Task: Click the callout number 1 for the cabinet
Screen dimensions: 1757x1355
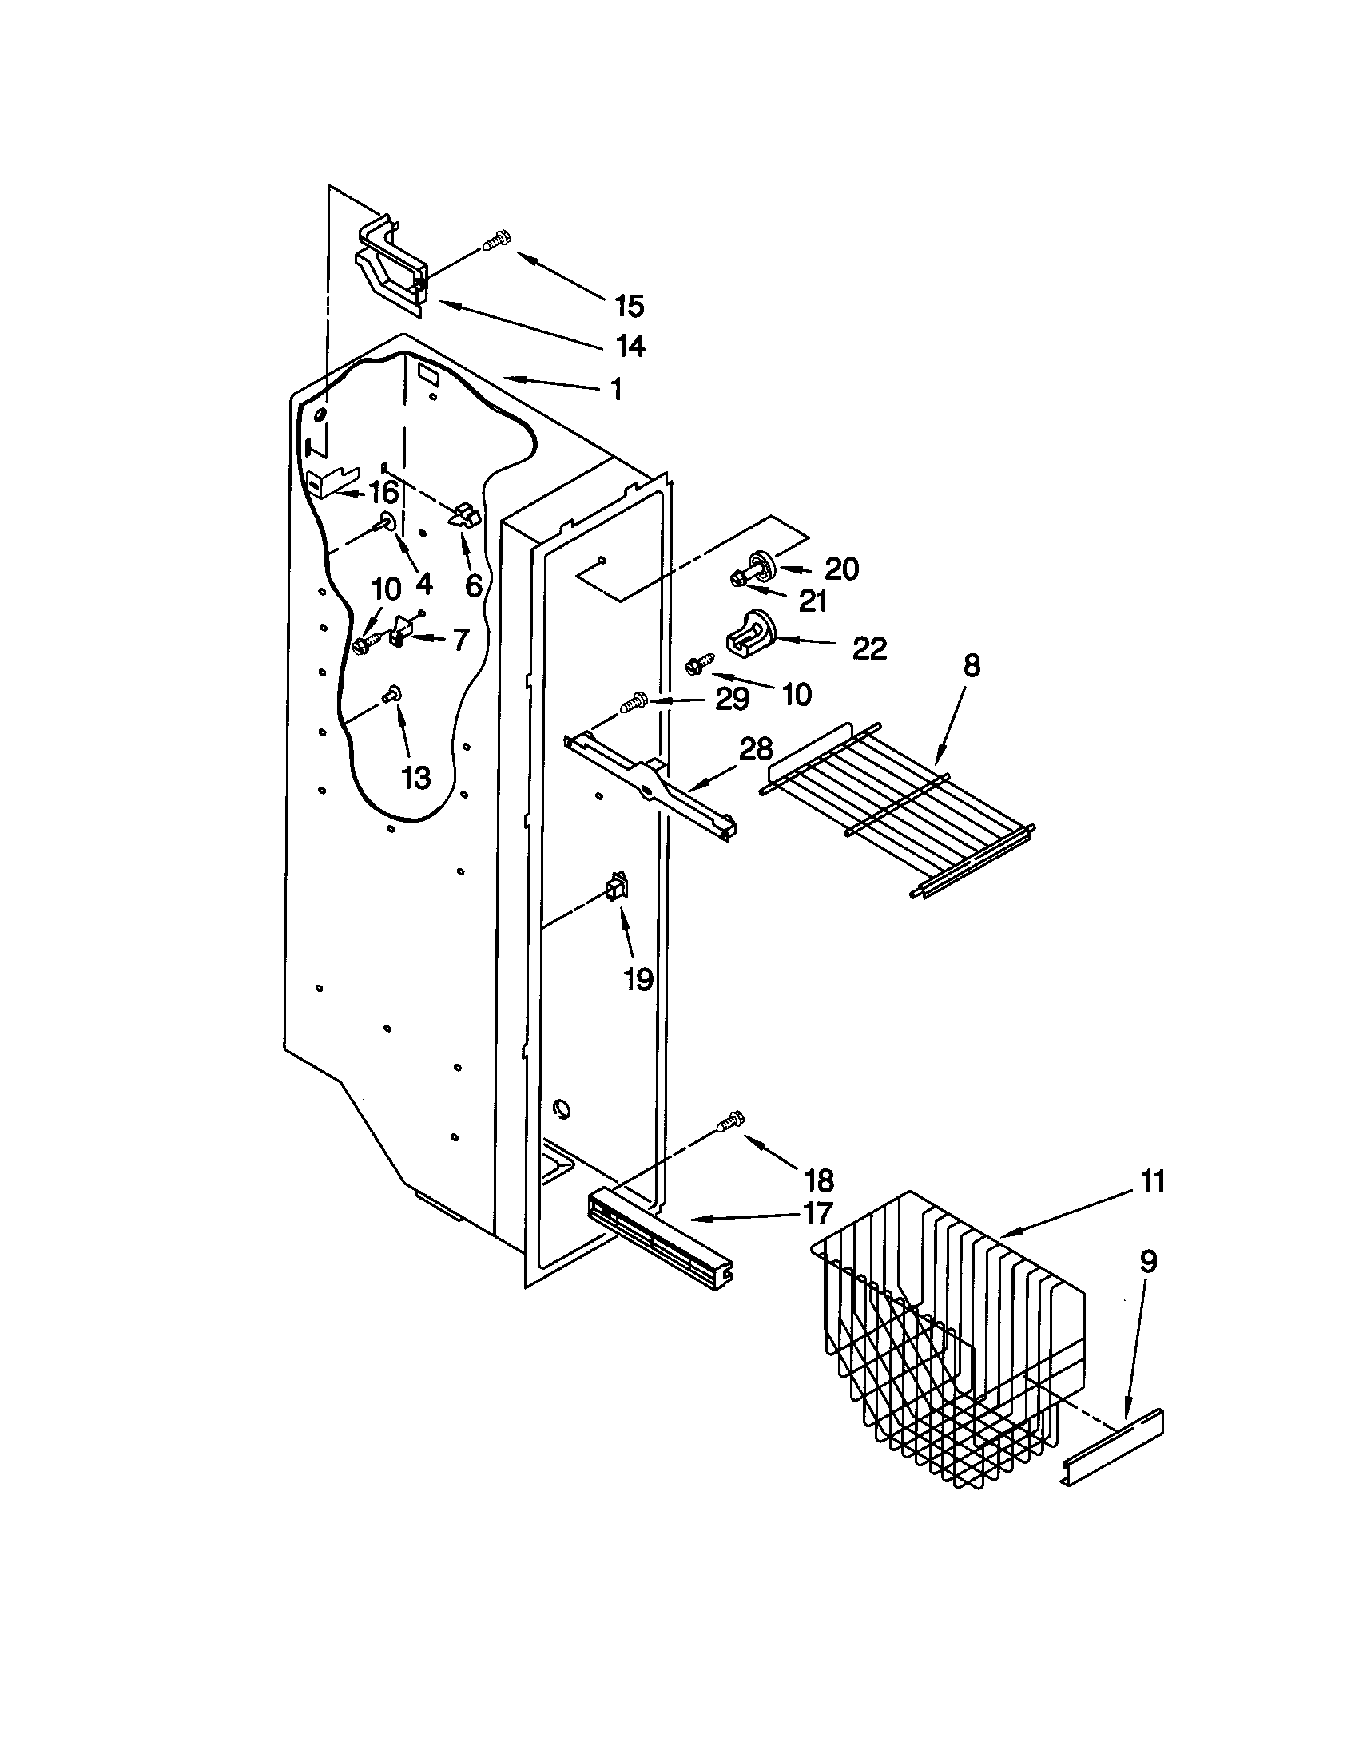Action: click(x=616, y=391)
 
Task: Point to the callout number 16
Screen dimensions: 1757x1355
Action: click(x=383, y=491)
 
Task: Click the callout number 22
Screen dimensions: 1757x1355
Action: click(x=869, y=648)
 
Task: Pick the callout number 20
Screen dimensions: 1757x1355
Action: click(x=841, y=569)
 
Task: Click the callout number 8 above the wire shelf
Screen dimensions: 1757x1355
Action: click(x=972, y=666)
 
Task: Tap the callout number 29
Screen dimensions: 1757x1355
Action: click(x=732, y=699)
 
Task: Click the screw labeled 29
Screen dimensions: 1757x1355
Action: click(x=634, y=704)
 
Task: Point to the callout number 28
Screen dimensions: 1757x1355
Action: click(x=757, y=750)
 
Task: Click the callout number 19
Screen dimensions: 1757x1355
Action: click(x=638, y=980)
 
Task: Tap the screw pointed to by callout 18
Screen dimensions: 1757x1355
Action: click(x=729, y=1120)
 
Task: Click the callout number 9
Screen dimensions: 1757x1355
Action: click(x=1148, y=1262)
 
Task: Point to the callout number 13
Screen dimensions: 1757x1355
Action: click(x=416, y=778)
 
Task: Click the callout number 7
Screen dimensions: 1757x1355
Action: click(x=459, y=640)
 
